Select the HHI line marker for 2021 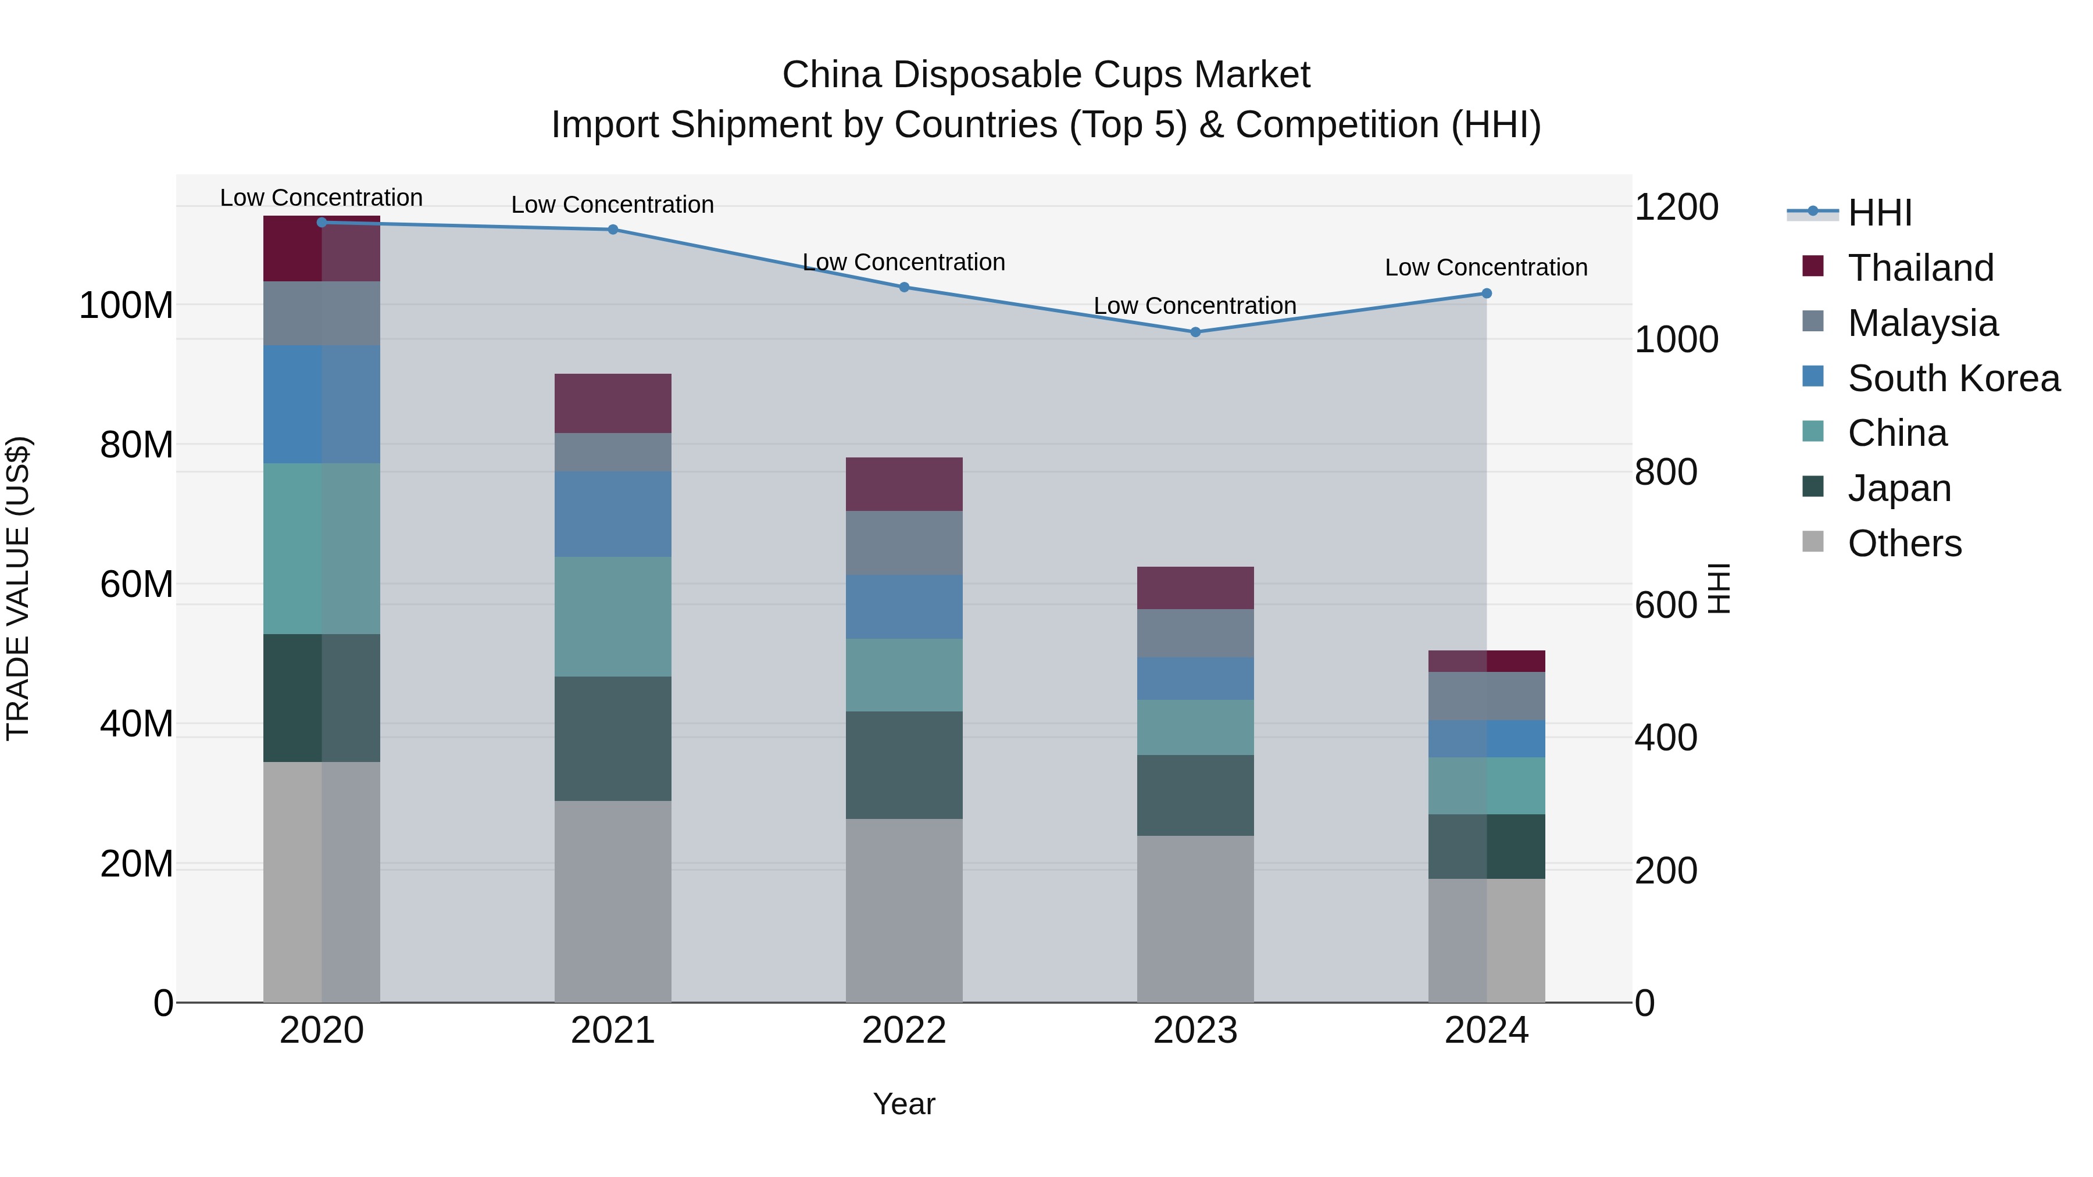tap(613, 230)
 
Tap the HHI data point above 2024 tap(1486, 294)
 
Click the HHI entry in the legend tap(1878, 213)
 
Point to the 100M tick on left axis tap(126, 306)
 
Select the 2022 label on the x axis tap(903, 1031)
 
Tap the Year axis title tap(903, 1105)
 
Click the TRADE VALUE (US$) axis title tap(18, 588)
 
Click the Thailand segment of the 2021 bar tap(613, 404)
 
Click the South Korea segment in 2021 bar tap(613, 514)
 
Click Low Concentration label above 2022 tap(903, 262)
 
